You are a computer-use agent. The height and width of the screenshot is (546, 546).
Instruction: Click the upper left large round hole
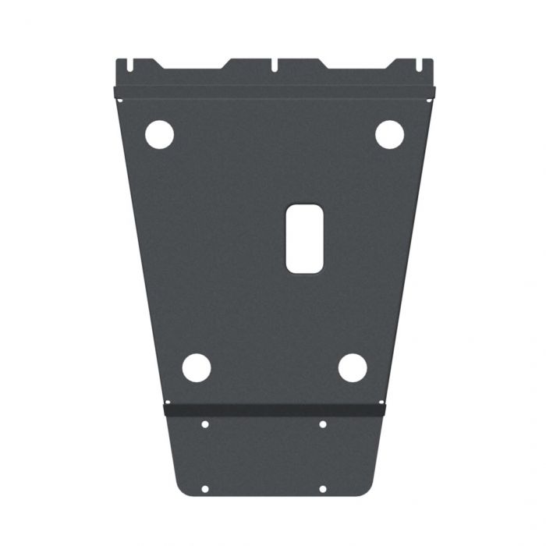159,134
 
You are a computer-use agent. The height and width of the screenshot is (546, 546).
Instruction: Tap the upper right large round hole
389,134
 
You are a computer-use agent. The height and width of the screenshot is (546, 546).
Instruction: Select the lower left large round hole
197,367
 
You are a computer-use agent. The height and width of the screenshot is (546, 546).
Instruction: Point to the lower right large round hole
353,367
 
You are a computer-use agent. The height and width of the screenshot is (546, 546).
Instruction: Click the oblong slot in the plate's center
304,239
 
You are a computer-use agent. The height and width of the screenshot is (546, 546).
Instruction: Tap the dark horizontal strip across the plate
275,409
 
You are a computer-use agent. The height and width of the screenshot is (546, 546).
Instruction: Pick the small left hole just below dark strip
204,424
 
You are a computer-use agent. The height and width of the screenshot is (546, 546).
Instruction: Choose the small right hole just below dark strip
322,424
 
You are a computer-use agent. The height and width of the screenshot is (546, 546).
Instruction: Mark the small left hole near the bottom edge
204,489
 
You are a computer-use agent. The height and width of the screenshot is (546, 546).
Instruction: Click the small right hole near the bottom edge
322,489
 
